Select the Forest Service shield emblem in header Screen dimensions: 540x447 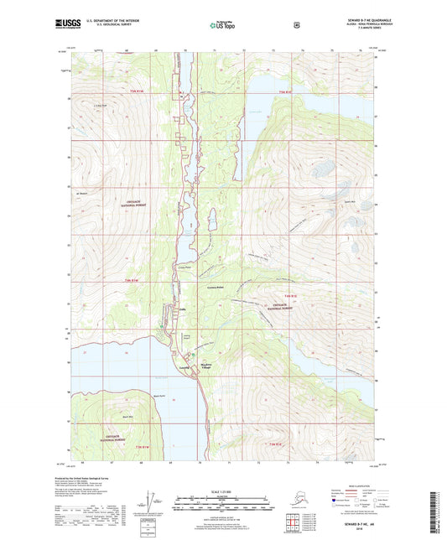point(296,24)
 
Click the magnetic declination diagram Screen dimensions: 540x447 point(152,508)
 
